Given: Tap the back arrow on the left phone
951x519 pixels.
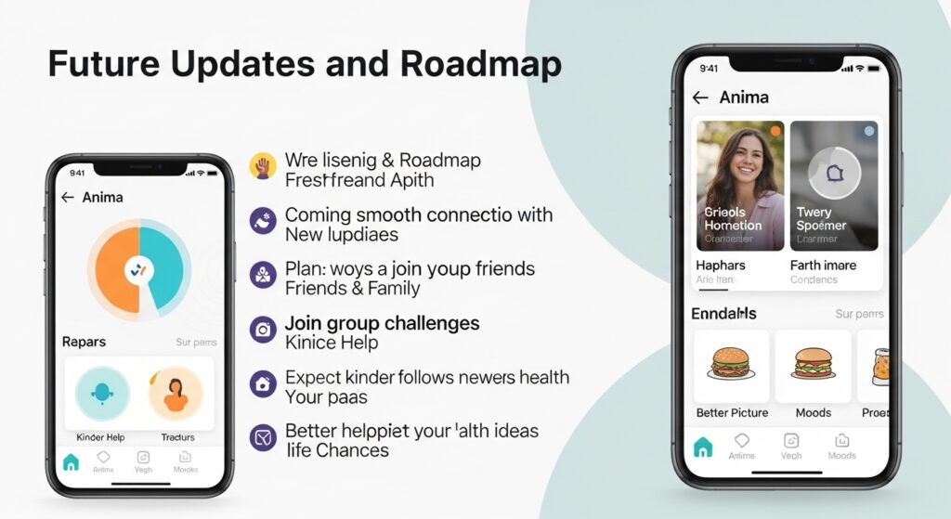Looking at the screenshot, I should pyautogui.click(x=67, y=198).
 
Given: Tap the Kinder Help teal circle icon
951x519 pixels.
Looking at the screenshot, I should pyautogui.click(x=102, y=394).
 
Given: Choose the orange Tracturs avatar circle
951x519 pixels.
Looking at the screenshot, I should pyautogui.click(x=175, y=394).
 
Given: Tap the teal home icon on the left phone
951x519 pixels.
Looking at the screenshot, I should pyautogui.click(x=71, y=461).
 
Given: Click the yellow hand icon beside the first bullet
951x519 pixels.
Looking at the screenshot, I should pyautogui.click(x=263, y=167).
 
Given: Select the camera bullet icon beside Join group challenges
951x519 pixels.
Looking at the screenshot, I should pyautogui.click(x=263, y=330).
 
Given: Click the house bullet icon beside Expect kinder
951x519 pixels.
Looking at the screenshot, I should pyautogui.click(x=263, y=383).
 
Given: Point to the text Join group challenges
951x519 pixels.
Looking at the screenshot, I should pyautogui.click(x=382, y=323).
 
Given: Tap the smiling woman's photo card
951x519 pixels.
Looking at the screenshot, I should pyautogui.click(x=740, y=186).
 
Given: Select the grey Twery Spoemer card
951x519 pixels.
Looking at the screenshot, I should pyautogui.click(x=833, y=186).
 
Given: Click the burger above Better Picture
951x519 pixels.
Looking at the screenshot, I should pyautogui.click(x=731, y=365).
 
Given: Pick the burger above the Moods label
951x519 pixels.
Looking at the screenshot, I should pyautogui.click(x=813, y=365).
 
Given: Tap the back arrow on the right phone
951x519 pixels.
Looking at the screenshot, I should pyautogui.click(x=700, y=97).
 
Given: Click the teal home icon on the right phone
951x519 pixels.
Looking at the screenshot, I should pyautogui.click(x=703, y=448).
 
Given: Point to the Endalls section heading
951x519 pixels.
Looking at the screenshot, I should pyautogui.click(x=723, y=313).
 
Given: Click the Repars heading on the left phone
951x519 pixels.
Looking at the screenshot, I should pyautogui.click(x=84, y=342).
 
